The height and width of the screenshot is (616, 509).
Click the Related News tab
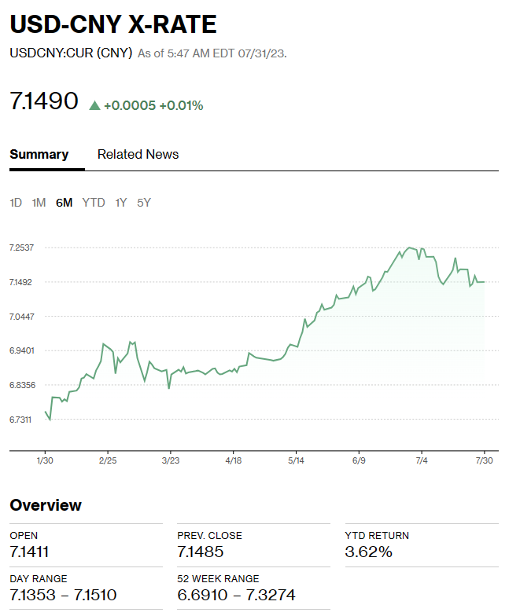pos(138,154)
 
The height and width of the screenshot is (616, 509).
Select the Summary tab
pos(39,154)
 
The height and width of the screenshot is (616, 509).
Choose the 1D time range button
pos(16,203)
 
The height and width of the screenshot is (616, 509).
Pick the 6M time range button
pos(64,203)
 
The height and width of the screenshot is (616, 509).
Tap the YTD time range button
pos(94,203)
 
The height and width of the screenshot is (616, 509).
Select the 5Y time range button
pos(144,203)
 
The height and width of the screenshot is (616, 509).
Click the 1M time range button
pos(39,203)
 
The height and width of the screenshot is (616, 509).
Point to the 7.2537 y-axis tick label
pos(20,247)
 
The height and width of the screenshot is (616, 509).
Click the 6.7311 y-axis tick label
pos(20,420)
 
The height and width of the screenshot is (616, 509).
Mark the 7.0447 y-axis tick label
pos(20,317)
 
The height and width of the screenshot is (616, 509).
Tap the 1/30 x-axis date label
pos(45,460)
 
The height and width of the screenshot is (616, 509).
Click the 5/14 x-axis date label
pos(296,460)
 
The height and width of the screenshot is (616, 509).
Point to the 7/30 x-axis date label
pos(484,460)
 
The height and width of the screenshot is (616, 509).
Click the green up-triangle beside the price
pos(94,105)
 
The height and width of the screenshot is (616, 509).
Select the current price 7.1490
pos(44,101)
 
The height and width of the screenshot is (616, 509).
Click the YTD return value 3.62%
pos(369,552)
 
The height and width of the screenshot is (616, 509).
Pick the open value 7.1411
pos(30,552)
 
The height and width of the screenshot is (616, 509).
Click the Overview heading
pos(46,505)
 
